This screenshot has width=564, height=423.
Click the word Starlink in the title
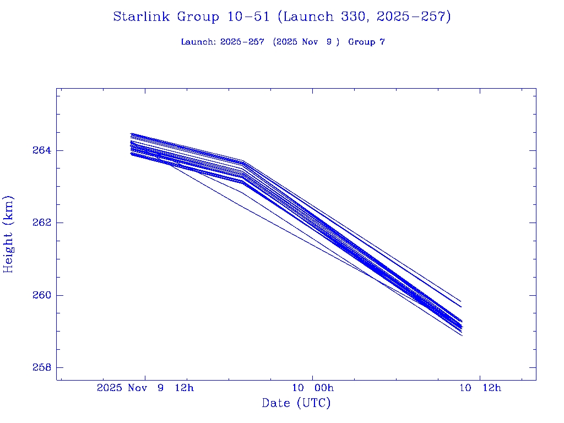(142, 17)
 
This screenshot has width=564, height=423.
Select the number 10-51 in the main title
(248, 17)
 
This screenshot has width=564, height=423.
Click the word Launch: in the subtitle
(198, 42)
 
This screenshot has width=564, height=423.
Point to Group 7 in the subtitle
(366, 42)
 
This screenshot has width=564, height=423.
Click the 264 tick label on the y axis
(41, 150)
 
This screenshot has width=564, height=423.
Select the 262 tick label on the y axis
(41, 223)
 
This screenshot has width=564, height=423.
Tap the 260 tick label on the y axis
(41, 295)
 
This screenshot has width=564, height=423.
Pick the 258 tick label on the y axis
(41, 367)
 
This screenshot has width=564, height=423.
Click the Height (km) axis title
(9, 234)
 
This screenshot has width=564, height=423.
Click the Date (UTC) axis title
(296, 403)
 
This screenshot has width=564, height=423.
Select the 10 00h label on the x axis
(313, 388)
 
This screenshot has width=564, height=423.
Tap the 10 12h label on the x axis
(480, 388)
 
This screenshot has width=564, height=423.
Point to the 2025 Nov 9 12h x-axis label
(145, 388)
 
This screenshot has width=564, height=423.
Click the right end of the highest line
(460, 301)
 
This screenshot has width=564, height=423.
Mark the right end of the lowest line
(462, 335)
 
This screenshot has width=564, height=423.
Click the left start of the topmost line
(131, 133)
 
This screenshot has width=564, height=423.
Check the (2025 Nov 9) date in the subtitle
(306, 42)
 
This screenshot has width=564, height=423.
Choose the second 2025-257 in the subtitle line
(242, 42)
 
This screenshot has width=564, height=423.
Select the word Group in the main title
(198, 17)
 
